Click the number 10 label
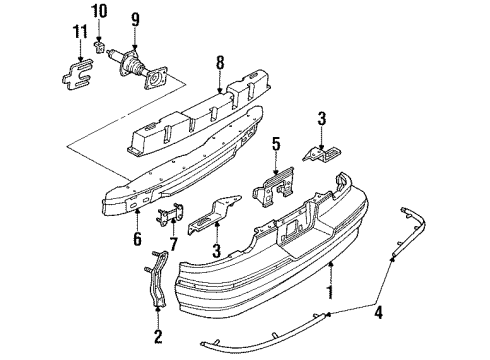click(98, 11)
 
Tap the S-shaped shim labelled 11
click(71, 73)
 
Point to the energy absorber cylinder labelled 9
click(138, 67)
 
